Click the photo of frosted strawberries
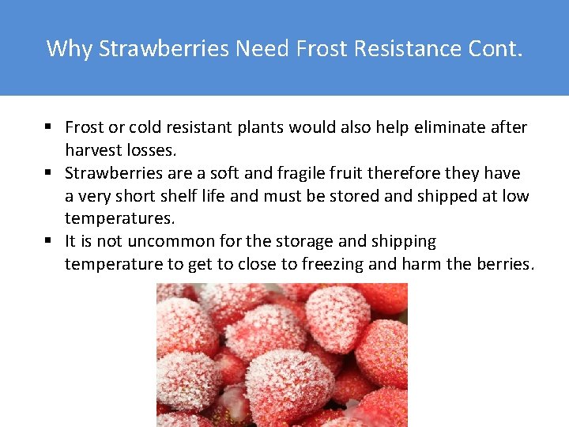[x=282, y=354]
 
